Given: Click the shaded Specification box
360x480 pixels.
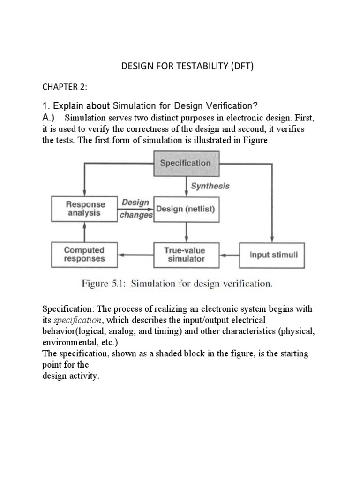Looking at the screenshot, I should (x=186, y=163).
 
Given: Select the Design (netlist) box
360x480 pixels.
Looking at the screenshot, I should (x=186, y=209).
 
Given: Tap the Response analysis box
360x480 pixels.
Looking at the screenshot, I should (x=84, y=209).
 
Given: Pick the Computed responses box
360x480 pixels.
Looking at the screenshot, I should (x=84, y=255).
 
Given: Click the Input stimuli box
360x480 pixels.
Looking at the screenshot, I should (x=272, y=255).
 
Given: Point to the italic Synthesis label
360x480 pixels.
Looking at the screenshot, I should (x=210, y=186).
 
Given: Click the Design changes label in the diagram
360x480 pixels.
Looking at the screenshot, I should (x=136, y=209).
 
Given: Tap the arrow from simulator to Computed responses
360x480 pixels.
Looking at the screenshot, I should (x=135, y=255).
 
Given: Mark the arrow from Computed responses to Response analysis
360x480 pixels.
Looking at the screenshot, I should (x=84, y=232).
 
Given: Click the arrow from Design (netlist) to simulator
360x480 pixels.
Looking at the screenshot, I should (x=186, y=232).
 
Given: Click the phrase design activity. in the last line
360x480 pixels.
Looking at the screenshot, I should (x=71, y=376).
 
